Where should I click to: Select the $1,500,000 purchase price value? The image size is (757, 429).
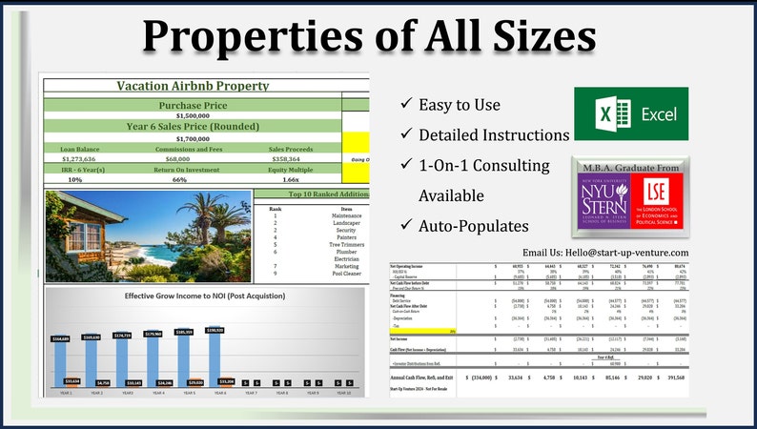coord(193,115)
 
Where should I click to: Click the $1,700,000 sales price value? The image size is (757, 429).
coord(193,138)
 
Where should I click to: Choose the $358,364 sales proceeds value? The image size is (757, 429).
coord(291,158)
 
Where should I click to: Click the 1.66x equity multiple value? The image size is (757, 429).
coord(291,179)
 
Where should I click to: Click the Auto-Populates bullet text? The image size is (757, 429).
coord(474,227)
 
